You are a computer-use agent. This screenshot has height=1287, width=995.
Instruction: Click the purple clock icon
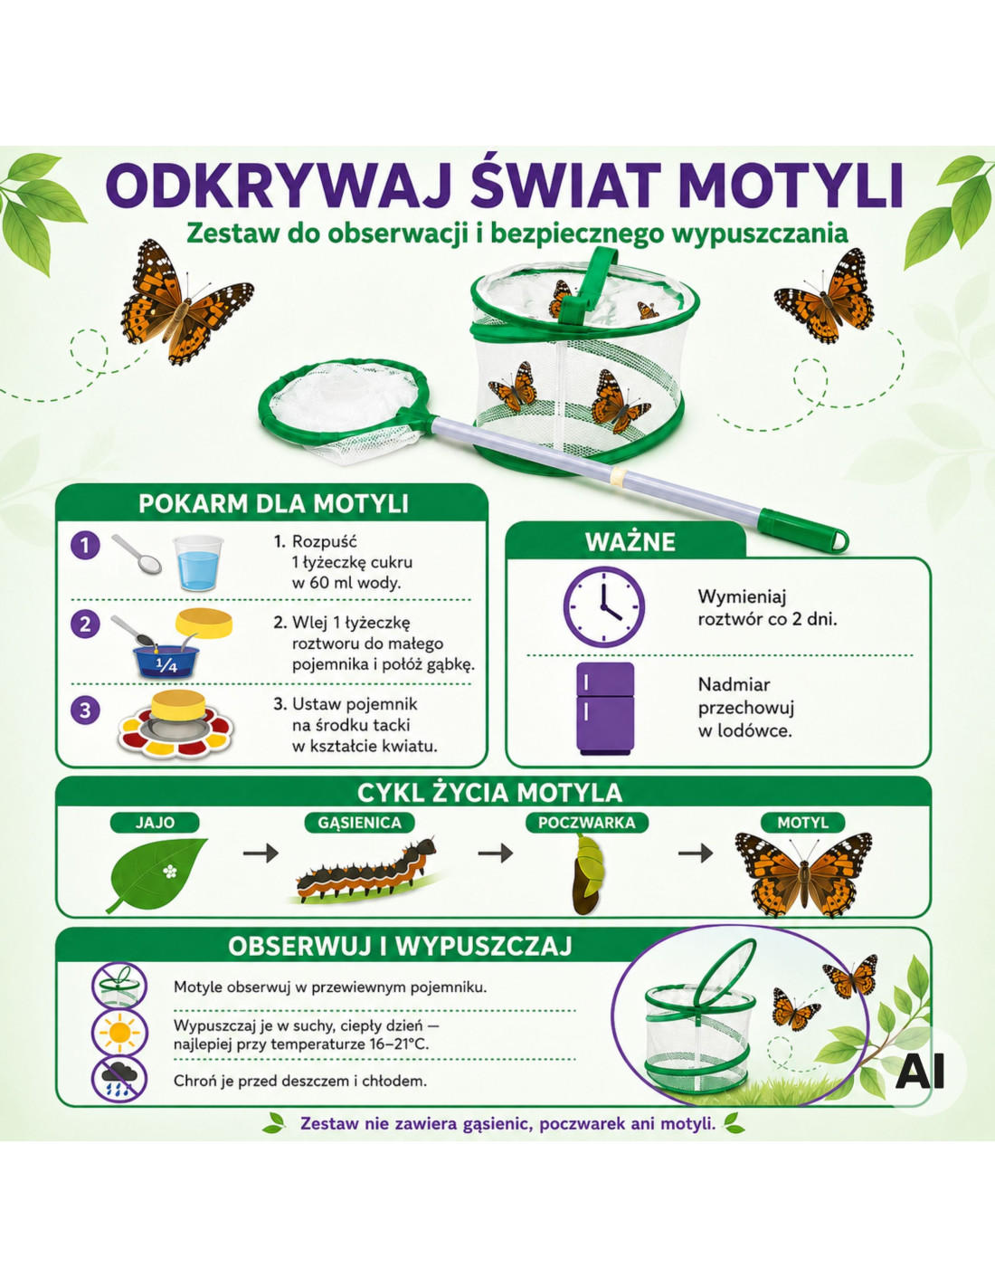[x=603, y=606]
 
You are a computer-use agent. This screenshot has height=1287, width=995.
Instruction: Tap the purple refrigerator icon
[x=605, y=709]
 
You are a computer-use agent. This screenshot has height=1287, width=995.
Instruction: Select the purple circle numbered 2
[x=85, y=624]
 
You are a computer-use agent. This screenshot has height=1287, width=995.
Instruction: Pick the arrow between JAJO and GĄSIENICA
[x=261, y=853]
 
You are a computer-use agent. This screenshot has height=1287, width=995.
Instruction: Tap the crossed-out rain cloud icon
[x=119, y=1079]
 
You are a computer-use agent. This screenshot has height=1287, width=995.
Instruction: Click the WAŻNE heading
[x=630, y=542]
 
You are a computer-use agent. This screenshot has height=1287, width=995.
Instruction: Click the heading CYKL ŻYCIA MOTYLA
[x=489, y=793]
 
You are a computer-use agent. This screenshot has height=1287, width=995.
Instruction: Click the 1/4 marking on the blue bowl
[x=167, y=666]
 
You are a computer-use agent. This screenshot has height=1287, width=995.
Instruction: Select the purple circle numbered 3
[x=85, y=710]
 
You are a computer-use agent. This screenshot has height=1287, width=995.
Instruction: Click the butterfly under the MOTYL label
[x=803, y=874]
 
